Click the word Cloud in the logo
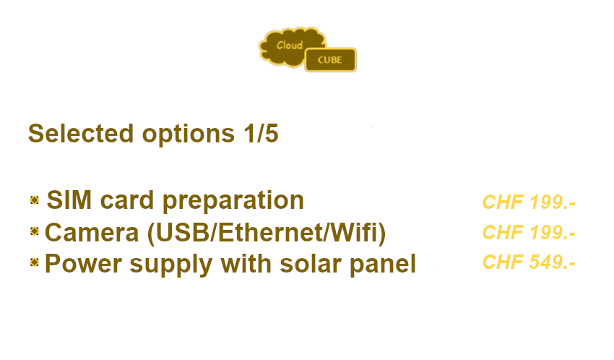[290, 45]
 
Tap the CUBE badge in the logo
[331, 60]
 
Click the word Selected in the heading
[81, 134]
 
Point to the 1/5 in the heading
[261, 134]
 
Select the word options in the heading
[189, 135]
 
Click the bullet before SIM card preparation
[35, 200]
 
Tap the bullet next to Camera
[35, 231]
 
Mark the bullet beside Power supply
[35, 262]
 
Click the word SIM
[69, 200]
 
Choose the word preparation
[233, 202]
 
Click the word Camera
[92, 232]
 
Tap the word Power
[83, 263]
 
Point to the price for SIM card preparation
[529, 202]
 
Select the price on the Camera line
[529, 232]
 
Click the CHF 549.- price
[529, 262]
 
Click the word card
[127, 200]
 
